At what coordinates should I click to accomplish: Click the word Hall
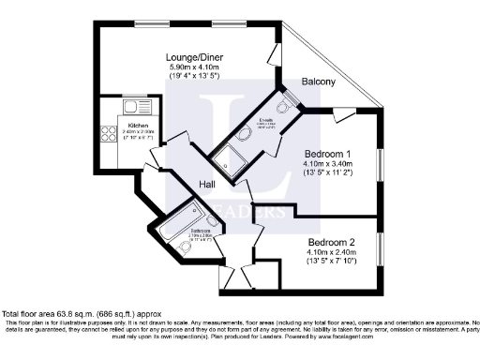point(207,185)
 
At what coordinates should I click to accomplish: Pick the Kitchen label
point(138,125)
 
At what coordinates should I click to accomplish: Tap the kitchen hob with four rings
point(109,133)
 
